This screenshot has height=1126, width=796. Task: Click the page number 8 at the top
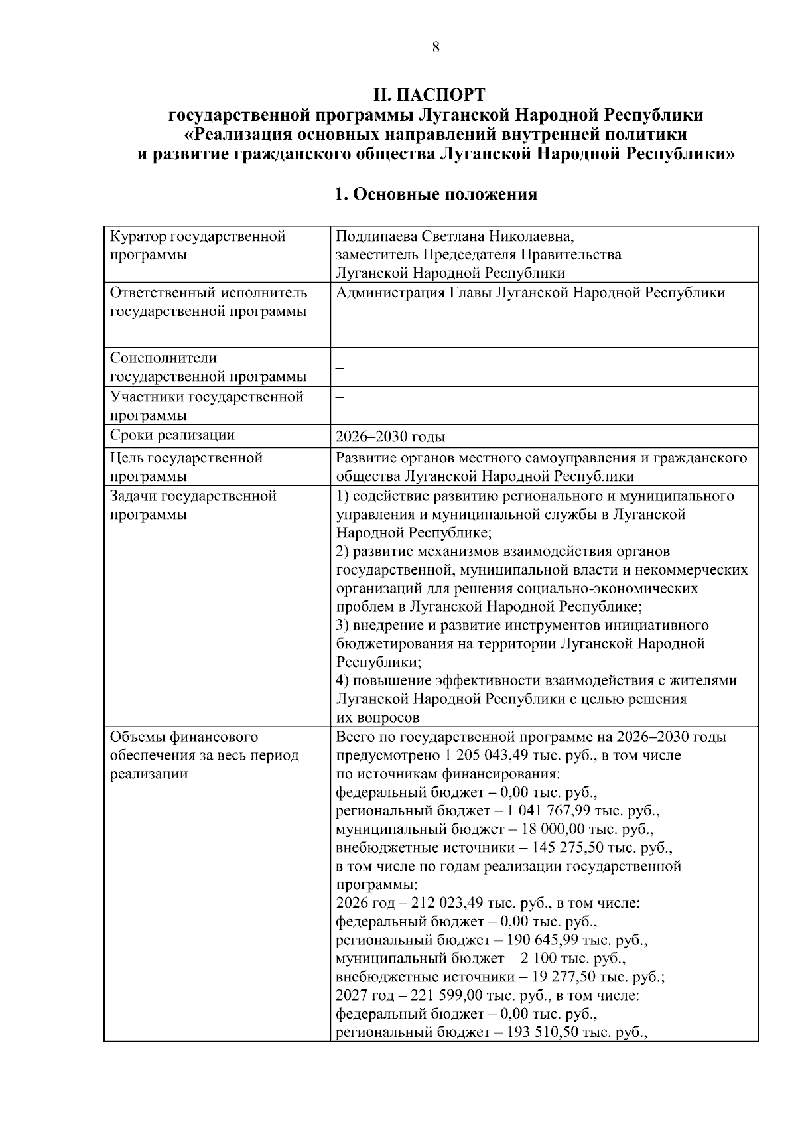[436, 47]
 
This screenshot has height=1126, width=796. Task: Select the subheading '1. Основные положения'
[435, 194]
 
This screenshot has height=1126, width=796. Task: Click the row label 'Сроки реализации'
[172, 435]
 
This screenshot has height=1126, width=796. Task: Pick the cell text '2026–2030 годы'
[390, 437]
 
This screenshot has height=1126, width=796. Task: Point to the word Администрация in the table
[390, 293]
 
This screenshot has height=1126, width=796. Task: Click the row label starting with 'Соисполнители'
[163, 358]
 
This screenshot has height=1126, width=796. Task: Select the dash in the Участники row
[340, 397]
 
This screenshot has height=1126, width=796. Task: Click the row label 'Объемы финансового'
[184, 737]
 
